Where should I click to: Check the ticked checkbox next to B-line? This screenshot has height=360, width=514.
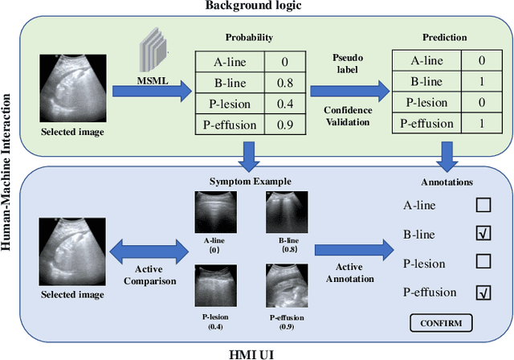[483, 234]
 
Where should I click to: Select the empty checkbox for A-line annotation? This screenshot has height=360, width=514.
[483, 205]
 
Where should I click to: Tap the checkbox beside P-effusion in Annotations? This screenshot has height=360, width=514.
[483, 292]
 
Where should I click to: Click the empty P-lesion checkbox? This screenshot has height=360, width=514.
[483, 263]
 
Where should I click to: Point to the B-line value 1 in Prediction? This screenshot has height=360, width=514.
[480, 82]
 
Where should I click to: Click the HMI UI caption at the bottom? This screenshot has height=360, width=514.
[257, 352]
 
